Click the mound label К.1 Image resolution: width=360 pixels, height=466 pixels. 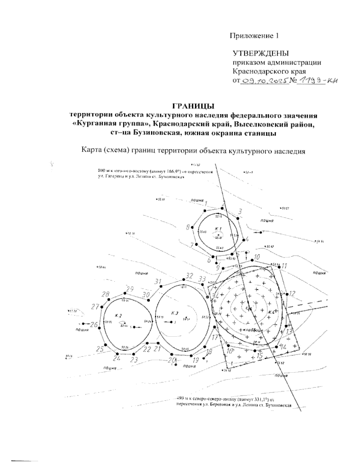point(218,228)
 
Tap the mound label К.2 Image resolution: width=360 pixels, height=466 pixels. point(118,315)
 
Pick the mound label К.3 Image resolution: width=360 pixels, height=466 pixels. point(175,313)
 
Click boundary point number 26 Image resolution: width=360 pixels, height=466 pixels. point(94,325)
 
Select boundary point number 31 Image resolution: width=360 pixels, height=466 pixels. point(158,281)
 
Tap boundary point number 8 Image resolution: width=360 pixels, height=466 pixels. point(188,227)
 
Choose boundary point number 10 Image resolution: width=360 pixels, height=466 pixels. point(256,257)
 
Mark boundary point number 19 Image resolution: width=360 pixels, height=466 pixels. point(196,360)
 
